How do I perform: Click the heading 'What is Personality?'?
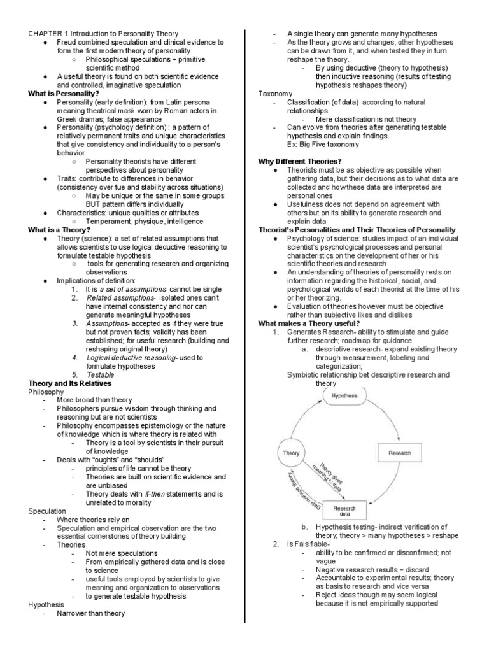62,94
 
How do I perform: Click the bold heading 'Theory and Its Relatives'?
70,383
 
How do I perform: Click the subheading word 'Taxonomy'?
274,94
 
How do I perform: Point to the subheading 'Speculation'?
47,511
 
